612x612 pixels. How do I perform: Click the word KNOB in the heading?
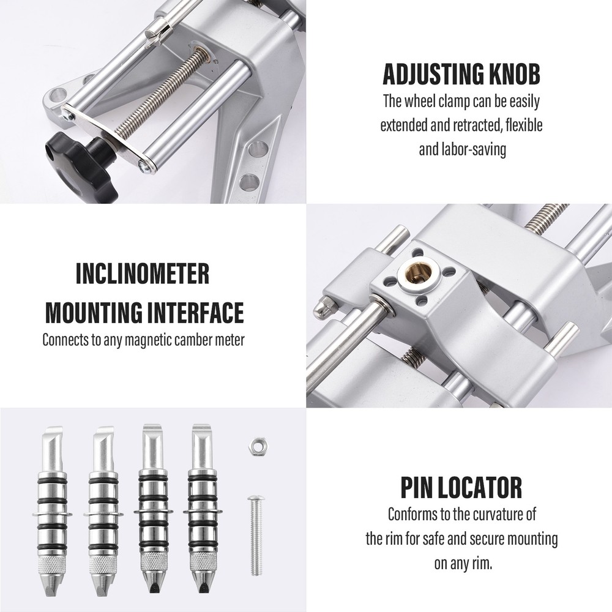tap(520, 74)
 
